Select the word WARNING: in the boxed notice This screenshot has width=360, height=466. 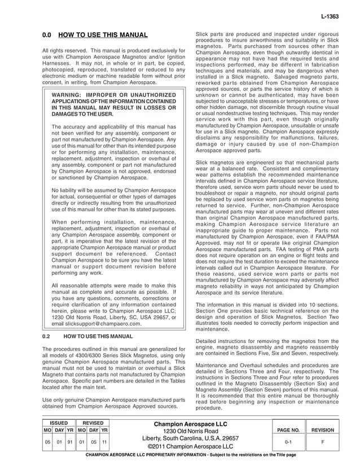click(x=68, y=95)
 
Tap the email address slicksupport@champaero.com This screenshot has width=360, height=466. click(x=96, y=324)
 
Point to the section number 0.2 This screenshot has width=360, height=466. click(x=47, y=336)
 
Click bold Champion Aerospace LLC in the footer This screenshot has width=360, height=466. click(x=191, y=424)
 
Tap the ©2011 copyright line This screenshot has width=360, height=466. click(x=191, y=447)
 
